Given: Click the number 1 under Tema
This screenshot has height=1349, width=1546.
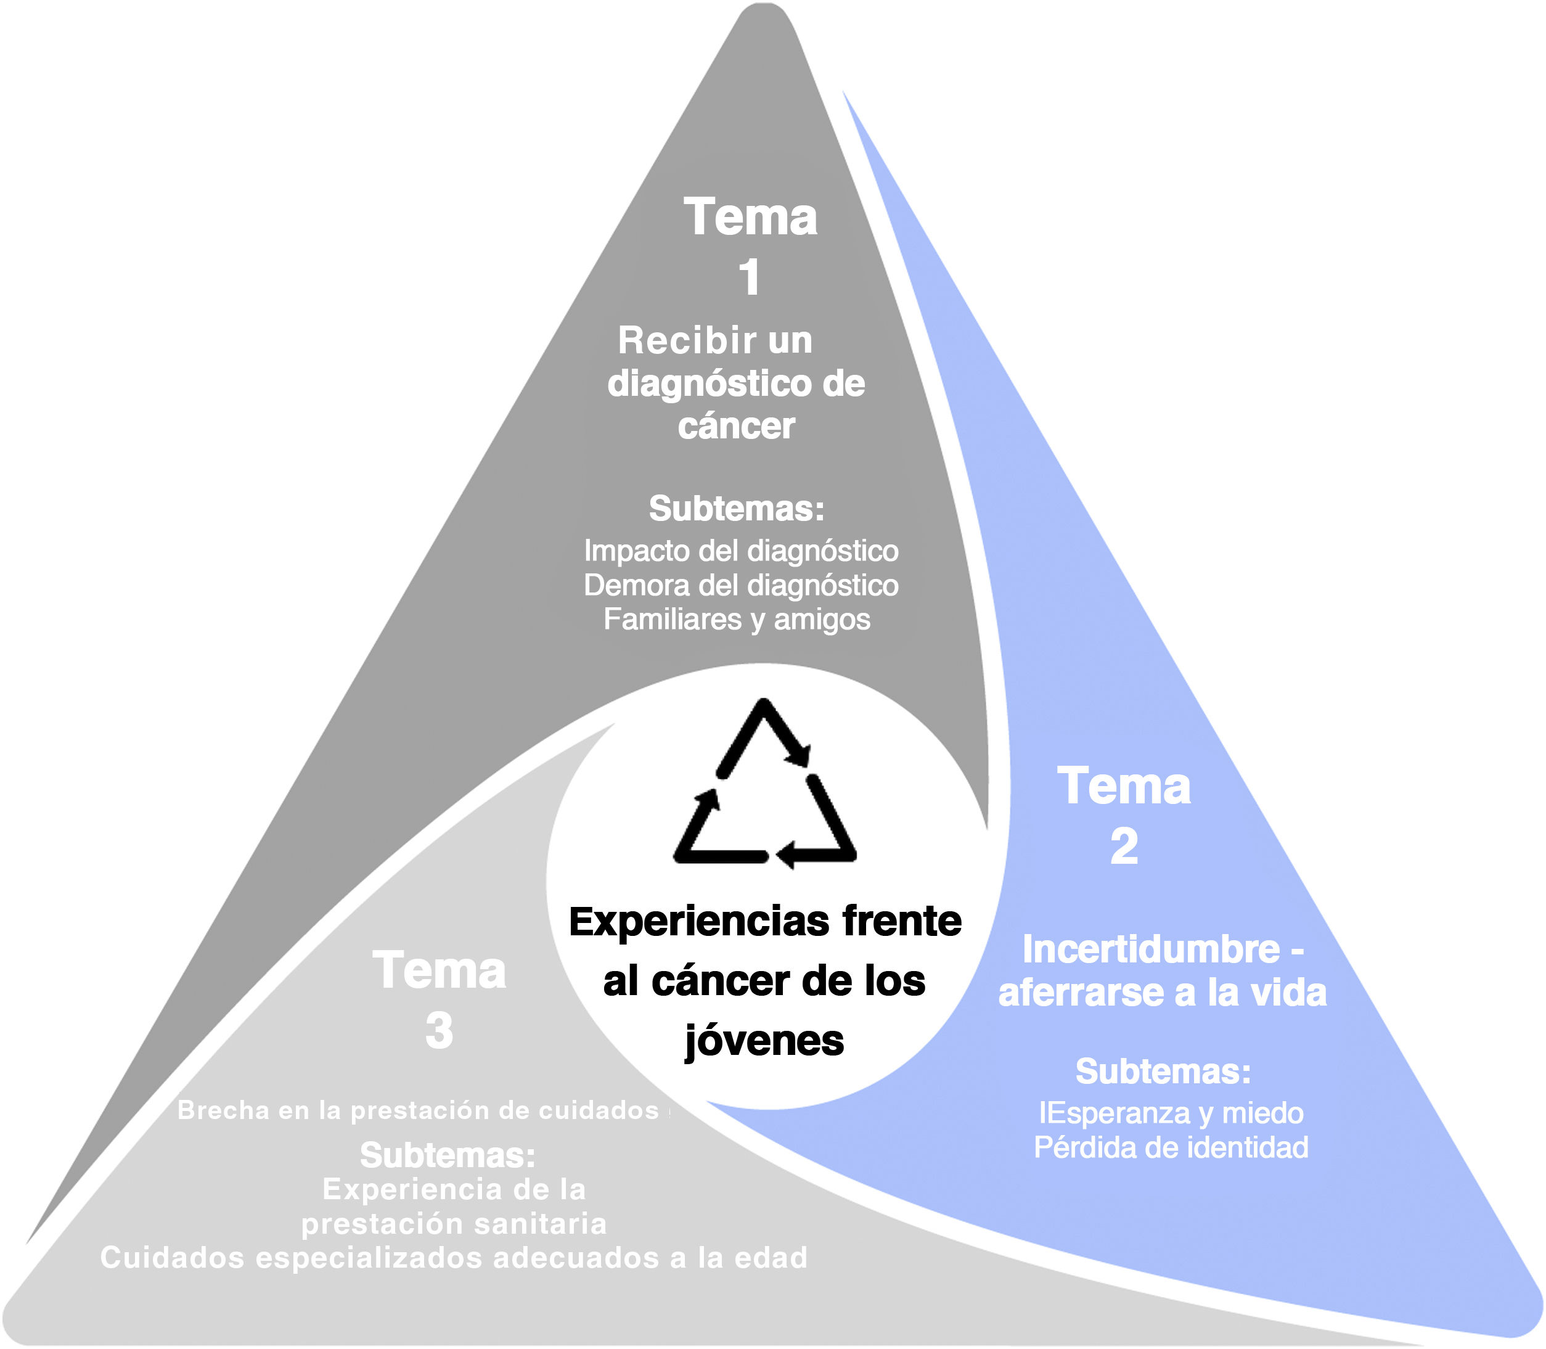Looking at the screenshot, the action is [x=749, y=278].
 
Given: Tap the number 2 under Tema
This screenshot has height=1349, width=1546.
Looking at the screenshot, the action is [x=1124, y=847].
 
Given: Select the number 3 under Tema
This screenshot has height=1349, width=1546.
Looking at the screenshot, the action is [x=439, y=1031].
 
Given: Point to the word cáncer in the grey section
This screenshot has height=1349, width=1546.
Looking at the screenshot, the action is [x=736, y=426].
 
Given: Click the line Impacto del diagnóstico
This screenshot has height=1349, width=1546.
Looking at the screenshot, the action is [x=740, y=551].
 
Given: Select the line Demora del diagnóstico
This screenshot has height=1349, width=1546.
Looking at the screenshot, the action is [x=740, y=585].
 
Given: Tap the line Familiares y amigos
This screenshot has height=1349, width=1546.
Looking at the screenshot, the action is [x=736, y=619].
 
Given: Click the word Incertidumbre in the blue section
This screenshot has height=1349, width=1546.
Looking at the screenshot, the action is [x=1151, y=949].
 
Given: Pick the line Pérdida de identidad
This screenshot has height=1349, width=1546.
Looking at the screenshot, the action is [x=1171, y=1147].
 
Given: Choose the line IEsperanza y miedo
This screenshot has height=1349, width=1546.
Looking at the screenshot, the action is [x=1171, y=1113].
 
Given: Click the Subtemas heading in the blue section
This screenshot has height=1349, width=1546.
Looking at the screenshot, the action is [x=1163, y=1071].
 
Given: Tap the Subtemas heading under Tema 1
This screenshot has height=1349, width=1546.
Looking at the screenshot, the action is [x=736, y=509].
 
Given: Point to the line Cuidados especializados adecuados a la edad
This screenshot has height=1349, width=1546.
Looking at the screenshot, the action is [x=454, y=1258].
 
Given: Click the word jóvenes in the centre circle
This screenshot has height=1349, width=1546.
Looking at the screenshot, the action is [x=764, y=1042].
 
